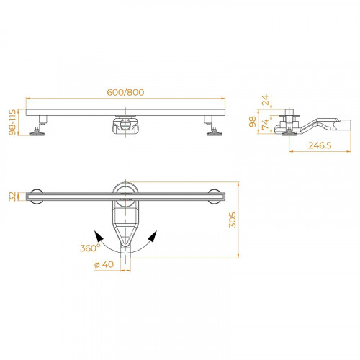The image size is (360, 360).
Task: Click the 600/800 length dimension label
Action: click(x=125, y=92)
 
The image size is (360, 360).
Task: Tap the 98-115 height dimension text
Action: click(x=12, y=122)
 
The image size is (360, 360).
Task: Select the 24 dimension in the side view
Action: click(x=265, y=100)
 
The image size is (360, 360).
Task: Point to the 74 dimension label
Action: click(x=265, y=125)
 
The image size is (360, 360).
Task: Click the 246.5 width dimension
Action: click(x=320, y=145)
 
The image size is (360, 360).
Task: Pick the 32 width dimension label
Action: click(x=12, y=197)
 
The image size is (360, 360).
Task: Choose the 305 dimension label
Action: click(x=233, y=220)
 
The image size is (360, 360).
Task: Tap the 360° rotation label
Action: click(x=90, y=248)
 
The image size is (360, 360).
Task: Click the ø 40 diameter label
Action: click(x=104, y=264)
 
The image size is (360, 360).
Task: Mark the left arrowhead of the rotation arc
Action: click(x=99, y=236)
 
